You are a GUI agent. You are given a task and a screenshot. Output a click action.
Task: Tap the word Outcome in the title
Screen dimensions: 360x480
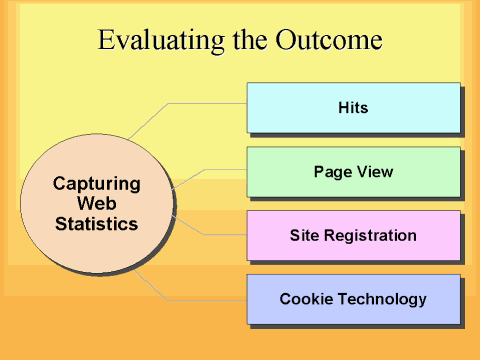point(334,41)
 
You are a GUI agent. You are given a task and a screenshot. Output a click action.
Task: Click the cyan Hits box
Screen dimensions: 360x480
point(353,107)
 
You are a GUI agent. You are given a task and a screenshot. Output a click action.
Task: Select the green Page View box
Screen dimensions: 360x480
point(353,172)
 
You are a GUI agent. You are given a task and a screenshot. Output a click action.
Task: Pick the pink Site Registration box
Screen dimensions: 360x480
point(353,236)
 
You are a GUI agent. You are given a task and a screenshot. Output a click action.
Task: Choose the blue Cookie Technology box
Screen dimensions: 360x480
point(353,299)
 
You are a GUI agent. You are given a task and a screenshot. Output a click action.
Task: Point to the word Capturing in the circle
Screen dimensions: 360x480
point(96,184)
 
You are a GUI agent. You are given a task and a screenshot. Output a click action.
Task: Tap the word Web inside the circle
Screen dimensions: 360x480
point(96,204)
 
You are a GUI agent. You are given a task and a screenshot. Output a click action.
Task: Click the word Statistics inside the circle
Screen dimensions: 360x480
point(96,224)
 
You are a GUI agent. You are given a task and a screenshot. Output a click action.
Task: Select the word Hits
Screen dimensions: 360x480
point(353,107)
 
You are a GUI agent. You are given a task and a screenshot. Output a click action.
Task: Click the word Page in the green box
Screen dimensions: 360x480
point(329,172)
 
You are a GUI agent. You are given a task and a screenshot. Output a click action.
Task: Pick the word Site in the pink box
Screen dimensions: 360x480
point(304,236)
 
